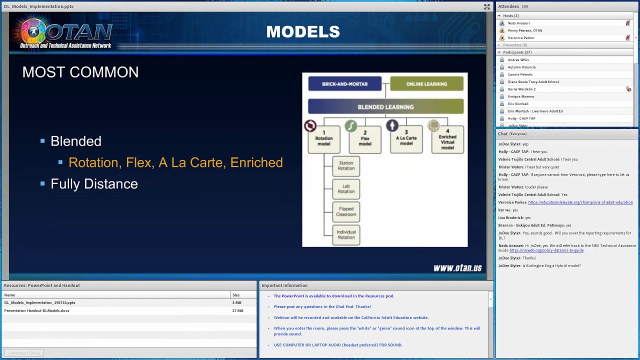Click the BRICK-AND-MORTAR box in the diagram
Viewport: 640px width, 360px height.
click(x=344, y=84)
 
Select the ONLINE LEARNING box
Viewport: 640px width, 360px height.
click(x=426, y=84)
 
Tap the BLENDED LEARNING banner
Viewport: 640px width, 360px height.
click(x=385, y=107)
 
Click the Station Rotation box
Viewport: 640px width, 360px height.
click(x=346, y=166)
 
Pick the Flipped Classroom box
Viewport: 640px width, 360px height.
click(x=346, y=212)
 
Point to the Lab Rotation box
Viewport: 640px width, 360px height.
click(x=346, y=189)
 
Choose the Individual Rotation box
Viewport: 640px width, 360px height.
click(x=346, y=235)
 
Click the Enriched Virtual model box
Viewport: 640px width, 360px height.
click(x=447, y=139)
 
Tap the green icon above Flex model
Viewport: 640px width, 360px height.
click(x=351, y=126)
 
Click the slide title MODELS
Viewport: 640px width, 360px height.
click(x=303, y=32)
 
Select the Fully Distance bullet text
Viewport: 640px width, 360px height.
click(x=94, y=184)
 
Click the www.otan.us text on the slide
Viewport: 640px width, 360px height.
click(x=457, y=268)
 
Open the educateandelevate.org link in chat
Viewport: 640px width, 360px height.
click(x=580, y=202)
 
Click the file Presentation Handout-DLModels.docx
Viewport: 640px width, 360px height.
click(x=37, y=311)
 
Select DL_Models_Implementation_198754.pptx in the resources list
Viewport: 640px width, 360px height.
click(x=40, y=303)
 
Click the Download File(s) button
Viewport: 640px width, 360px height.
click(x=24, y=353)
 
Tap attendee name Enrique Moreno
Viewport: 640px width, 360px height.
click(x=521, y=96)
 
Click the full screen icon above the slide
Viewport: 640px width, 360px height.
click(x=486, y=6)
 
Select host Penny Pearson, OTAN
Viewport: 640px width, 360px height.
click(x=525, y=30)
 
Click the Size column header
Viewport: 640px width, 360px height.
click(x=236, y=295)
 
